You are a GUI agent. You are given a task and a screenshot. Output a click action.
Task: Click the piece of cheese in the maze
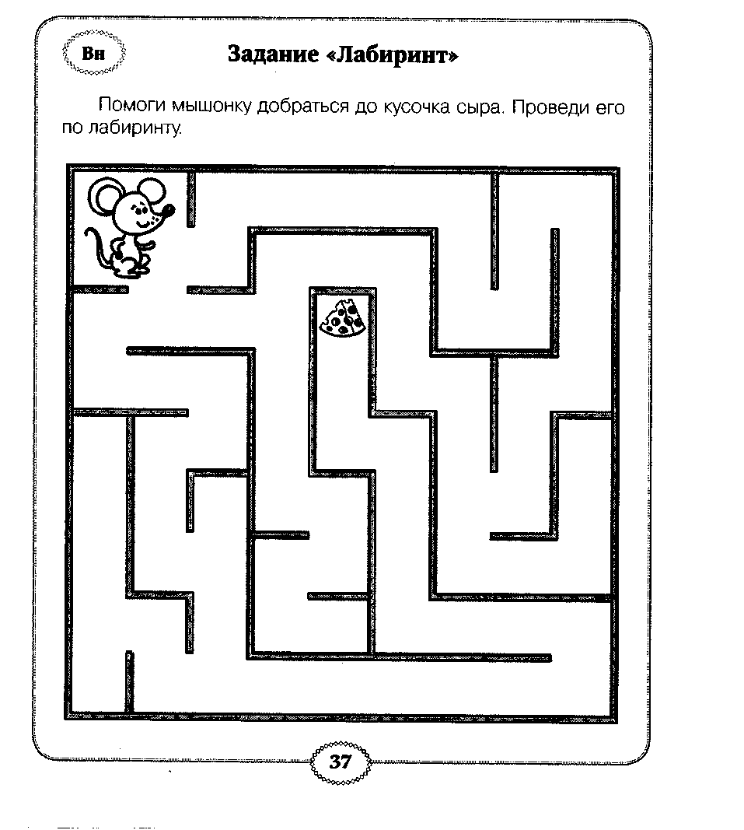click(342, 317)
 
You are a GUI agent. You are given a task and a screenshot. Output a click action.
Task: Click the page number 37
click(341, 762)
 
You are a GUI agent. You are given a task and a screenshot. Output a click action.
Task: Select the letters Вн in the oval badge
click(93, 54)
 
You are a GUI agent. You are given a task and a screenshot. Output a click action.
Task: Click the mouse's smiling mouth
click(143, 222)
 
